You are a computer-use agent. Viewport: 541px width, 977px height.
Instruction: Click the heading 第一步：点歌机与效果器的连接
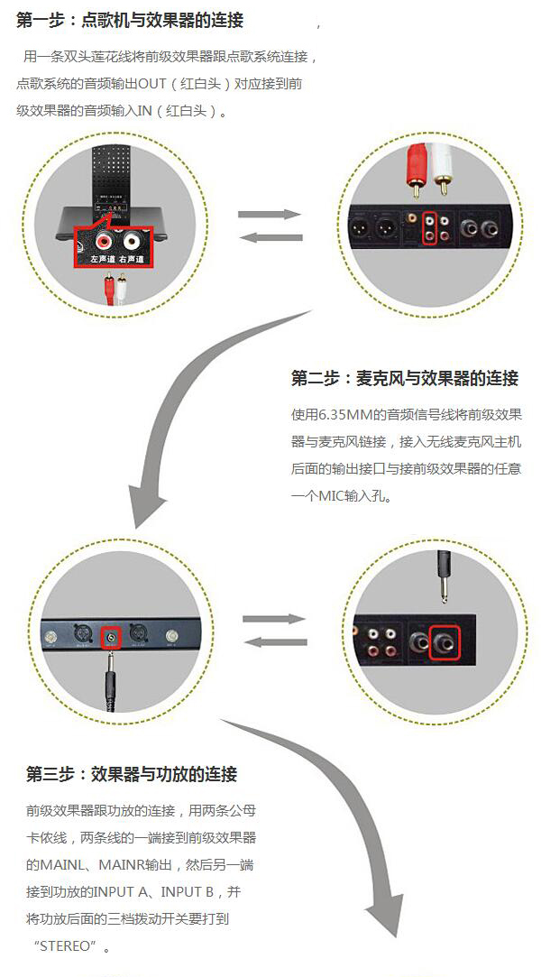[130, 20]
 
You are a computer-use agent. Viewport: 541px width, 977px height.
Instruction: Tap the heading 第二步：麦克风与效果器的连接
[405, 378]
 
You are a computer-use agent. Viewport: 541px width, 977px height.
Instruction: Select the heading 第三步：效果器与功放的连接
[132, 774]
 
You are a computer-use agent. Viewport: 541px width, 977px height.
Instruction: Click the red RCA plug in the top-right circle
[416, 168]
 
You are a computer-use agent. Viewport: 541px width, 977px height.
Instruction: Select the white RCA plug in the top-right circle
[442, 168]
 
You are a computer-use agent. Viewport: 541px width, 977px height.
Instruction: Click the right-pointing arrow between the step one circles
[269, 215]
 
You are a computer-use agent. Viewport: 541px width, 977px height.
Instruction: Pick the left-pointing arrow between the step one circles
[269, 237]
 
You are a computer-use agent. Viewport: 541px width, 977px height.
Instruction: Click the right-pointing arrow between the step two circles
[274, 619]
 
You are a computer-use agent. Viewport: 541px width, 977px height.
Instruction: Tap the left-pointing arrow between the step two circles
[274, 641]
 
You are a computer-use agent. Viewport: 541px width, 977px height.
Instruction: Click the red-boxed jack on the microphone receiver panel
[111, 637]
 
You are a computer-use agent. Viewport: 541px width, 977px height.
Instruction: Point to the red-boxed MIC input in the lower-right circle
[447, 643]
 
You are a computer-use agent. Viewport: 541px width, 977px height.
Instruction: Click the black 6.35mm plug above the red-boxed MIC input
[443, 577]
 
